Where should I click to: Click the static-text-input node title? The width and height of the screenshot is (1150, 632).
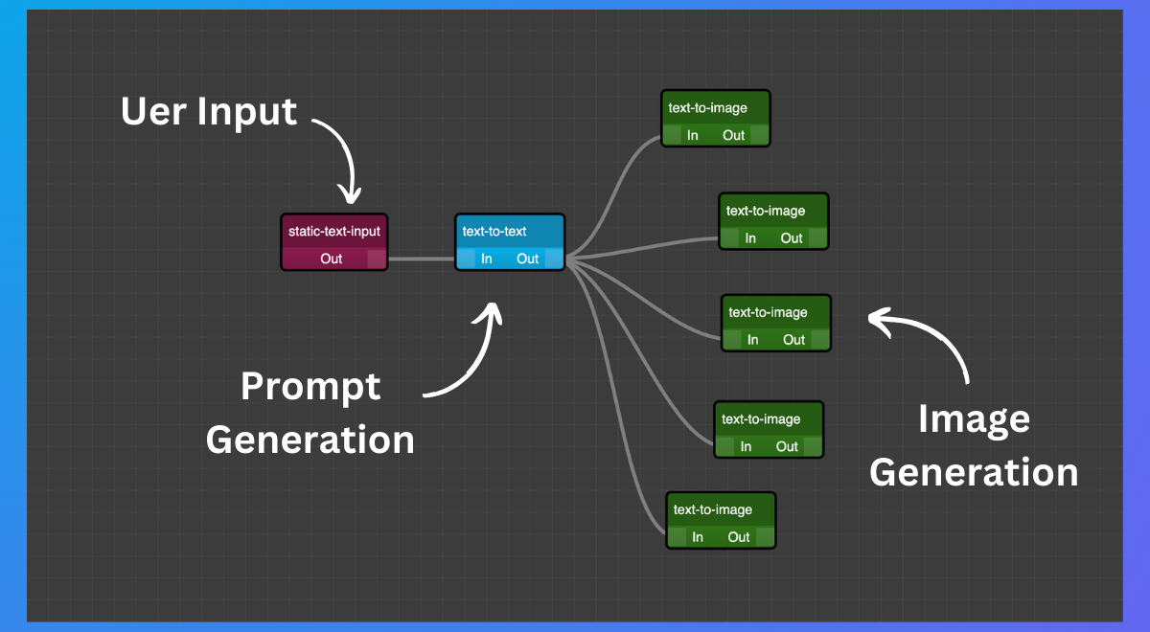pos(333,231)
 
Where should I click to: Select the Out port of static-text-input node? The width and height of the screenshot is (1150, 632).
pos(332,259)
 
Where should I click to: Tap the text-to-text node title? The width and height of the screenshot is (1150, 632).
pos(494,231)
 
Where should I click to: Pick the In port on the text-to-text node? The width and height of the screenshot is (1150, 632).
pos(487,259)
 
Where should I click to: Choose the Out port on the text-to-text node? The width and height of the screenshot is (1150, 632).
pos(528,259)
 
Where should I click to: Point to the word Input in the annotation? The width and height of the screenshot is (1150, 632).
pos(247,112)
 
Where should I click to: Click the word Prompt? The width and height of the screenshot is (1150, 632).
pos(310,386)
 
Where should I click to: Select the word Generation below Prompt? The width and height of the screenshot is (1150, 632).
pos(310,440)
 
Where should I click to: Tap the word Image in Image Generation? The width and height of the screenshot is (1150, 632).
pos(974,418)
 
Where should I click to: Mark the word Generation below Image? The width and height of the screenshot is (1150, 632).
pos(974,472)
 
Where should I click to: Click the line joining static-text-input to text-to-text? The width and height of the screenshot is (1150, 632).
pos(421,259)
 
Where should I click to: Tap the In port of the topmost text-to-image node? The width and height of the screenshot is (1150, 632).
pos(693,135)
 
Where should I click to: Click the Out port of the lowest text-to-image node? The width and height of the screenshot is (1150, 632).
pos(739,537)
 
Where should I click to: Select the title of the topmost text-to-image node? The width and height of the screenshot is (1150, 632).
pos(708,108)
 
